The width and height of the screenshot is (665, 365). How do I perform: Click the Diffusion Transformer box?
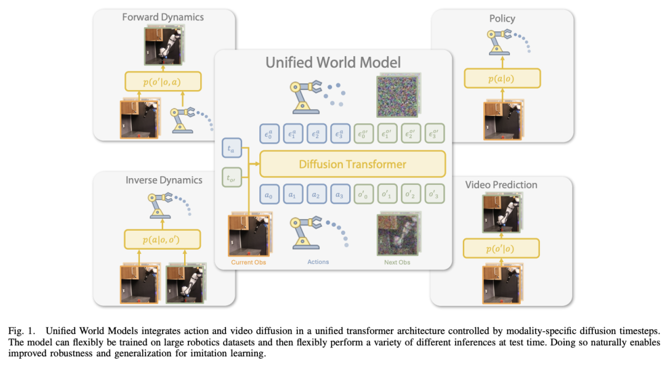coord(352,164)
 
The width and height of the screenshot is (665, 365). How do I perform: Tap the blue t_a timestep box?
coord(232,149)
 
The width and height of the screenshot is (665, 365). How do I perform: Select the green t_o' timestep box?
coord(232,178)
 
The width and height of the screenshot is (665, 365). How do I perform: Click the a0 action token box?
coord(269,195)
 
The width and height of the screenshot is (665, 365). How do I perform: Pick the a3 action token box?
coord(340,195)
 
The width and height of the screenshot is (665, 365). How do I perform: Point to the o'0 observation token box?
coord(363,194)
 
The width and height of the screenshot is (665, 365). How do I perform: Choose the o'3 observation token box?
coord(434,194)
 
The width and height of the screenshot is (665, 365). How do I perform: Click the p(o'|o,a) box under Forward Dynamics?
coord(163,81)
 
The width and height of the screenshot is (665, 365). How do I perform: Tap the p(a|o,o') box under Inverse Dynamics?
coord(162,239)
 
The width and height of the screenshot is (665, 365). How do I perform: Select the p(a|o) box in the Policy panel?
coord(502,78)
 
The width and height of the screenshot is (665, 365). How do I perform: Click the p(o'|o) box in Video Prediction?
coord(501,248)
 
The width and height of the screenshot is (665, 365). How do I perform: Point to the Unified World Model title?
coord(333,62)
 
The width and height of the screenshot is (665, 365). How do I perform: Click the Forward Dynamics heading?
coord(163,17)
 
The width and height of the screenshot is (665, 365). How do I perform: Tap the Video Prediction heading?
coord(501,185)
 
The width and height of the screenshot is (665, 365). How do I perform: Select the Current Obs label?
coord(249,262)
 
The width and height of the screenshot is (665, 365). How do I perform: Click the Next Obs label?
coord(397,262)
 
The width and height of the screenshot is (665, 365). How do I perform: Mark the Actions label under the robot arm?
coord(318,262)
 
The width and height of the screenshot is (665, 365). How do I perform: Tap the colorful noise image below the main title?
coord(398,96)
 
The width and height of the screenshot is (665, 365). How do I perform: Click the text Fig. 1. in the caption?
coord(22,331)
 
